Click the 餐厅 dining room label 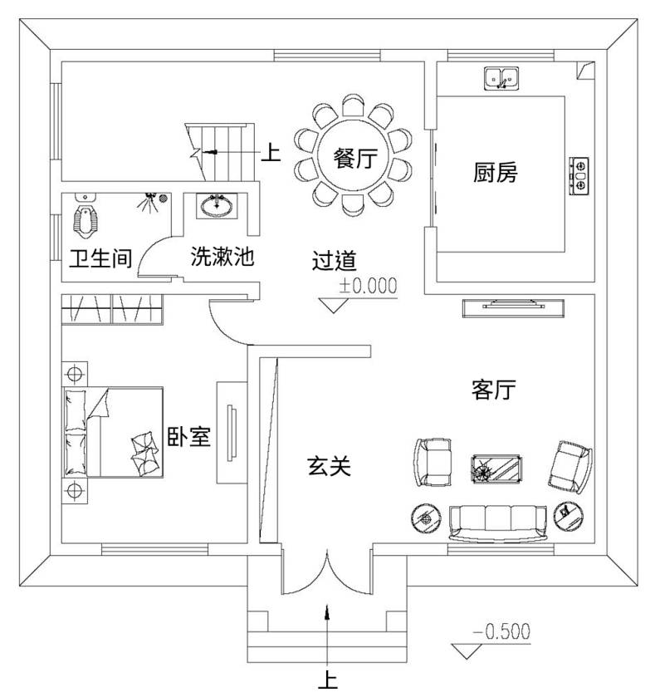click(x=354, y=159)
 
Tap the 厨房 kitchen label click(x=495, y=172)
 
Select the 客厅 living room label click(x=494, y=390)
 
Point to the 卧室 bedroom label click(x=188, y=437)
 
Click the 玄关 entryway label click(x=329, y=466)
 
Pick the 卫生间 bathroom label click(x=100, y=258)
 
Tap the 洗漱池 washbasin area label click(x=222, y=256)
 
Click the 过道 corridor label click(x=334, y=260)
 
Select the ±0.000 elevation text click(x=369, y=286)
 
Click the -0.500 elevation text click(x=501, y=631)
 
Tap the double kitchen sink click(x=501, y=79)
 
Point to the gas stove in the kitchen click(x=579, y=176)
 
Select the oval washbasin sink click(x=217, y=206)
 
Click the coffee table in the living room click(x=496, y=469)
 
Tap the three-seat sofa click(x=497, y=523)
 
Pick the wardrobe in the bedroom click(x=112, y=309)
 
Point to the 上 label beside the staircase click(x=271, y=153)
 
